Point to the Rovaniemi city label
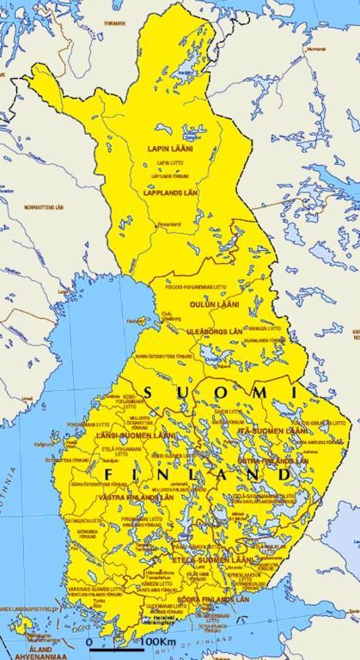(x=169, y=224)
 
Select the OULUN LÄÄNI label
(x=222, y=305)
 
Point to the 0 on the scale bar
(x=89, y=642)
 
